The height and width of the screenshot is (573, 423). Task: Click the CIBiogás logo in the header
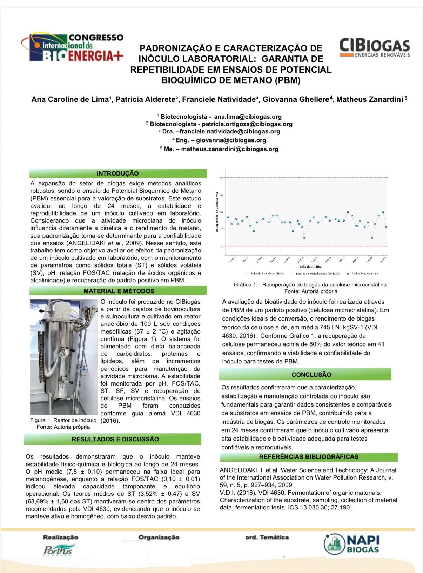(374, 48)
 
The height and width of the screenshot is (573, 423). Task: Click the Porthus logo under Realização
(59, 551)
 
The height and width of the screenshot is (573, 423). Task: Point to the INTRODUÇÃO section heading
(118, 173)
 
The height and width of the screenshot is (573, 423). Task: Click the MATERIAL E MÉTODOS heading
(119, 291)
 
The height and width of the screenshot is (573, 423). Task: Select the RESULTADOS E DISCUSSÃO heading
(115, 439)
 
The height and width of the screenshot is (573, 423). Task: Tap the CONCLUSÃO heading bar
(311, 375)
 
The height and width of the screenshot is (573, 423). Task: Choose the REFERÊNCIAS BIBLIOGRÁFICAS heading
(308, 457)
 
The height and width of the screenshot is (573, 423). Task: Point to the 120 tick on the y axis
(221, 178)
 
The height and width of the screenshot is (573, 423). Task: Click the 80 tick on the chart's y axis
(221, 246)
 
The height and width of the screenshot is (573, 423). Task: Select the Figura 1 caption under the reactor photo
(63, 423)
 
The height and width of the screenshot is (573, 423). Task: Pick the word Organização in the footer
(159, 537)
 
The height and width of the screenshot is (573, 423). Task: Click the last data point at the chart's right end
(386, 228)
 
